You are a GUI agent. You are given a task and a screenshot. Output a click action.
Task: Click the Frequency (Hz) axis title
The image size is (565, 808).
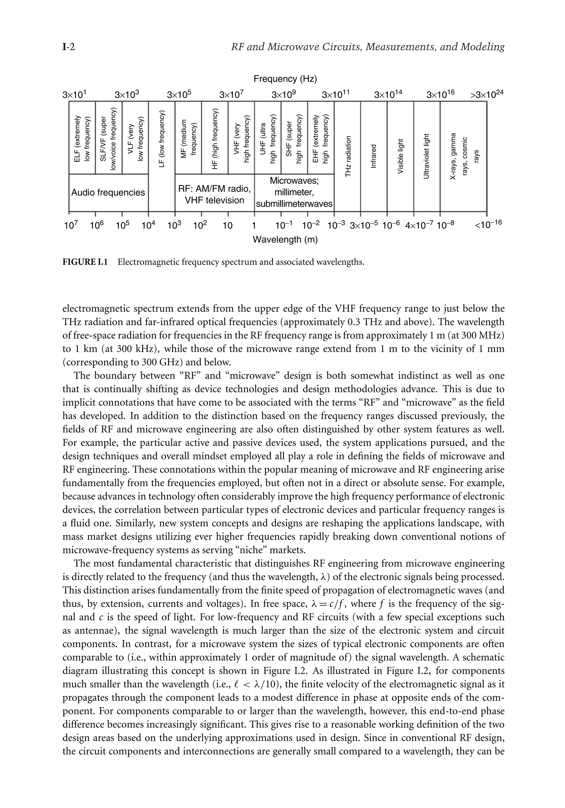click(285, 79)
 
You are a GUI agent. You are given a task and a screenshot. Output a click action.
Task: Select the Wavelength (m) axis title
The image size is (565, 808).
click(285, 240)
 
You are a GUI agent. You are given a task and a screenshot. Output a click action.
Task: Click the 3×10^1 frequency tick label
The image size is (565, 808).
click(74, 95)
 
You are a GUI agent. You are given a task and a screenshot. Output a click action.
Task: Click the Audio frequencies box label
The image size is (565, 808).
click(108, 192)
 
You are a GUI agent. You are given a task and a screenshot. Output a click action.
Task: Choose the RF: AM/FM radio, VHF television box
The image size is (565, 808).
click(214, 195)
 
